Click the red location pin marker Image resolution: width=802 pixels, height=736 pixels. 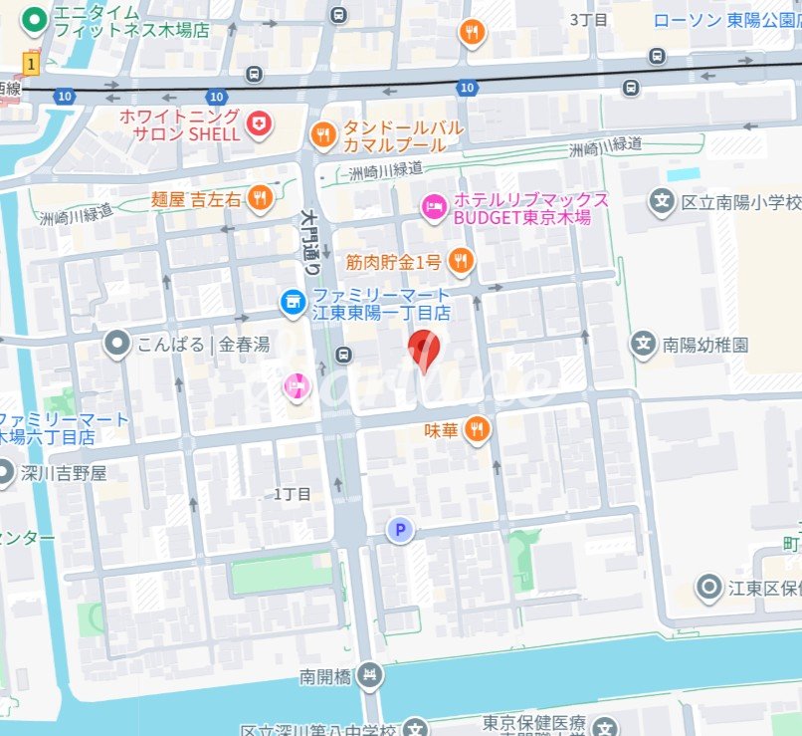tap(425, 350)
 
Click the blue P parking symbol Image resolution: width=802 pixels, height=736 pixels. tap(400, 530)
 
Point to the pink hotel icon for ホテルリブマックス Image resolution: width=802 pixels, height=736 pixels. tap(434, 207)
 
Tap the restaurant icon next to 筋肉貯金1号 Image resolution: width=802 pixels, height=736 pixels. tap(460, 262)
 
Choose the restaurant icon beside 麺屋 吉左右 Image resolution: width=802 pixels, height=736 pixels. tap(260, 198)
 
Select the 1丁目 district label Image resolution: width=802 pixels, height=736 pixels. tap(293, 494)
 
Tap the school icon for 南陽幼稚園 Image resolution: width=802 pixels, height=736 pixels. tap(645, 345)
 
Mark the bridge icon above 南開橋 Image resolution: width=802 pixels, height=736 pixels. tap(369, 675)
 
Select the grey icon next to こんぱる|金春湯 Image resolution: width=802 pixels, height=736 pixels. tap(117, 345)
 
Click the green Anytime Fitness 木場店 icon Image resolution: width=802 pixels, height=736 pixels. tap(35, 19)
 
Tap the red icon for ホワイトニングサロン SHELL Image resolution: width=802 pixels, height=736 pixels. tap(259, 123)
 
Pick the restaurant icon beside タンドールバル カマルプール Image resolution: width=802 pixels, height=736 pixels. tap(322, 134)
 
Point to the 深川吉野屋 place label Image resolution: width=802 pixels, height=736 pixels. tap(63, 473)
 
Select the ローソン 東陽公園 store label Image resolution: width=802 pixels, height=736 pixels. tap(726, 19)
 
